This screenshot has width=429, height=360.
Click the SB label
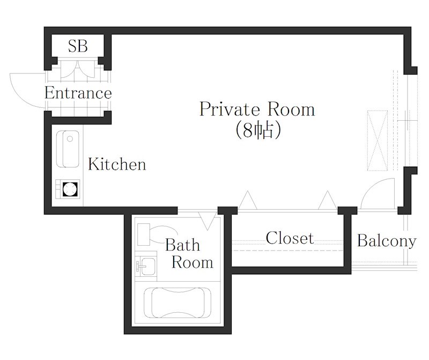point(78,46)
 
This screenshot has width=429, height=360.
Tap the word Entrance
point(78,93)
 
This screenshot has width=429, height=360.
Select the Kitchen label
point(117,164)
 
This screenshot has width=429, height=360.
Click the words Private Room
point(257,109)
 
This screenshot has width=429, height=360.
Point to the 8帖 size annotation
point(258,130)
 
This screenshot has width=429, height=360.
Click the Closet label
point(290,238)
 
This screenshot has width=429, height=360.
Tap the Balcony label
point(387,241)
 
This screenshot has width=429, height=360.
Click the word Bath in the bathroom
point(182,245)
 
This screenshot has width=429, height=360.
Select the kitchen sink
point(68,149)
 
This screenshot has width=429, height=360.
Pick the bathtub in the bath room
point(177,303)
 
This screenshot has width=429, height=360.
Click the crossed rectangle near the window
point(378,141)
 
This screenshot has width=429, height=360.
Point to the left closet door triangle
point(248,201)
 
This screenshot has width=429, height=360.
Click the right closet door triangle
point(328,201)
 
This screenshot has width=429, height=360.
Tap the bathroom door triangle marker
point(208,221)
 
